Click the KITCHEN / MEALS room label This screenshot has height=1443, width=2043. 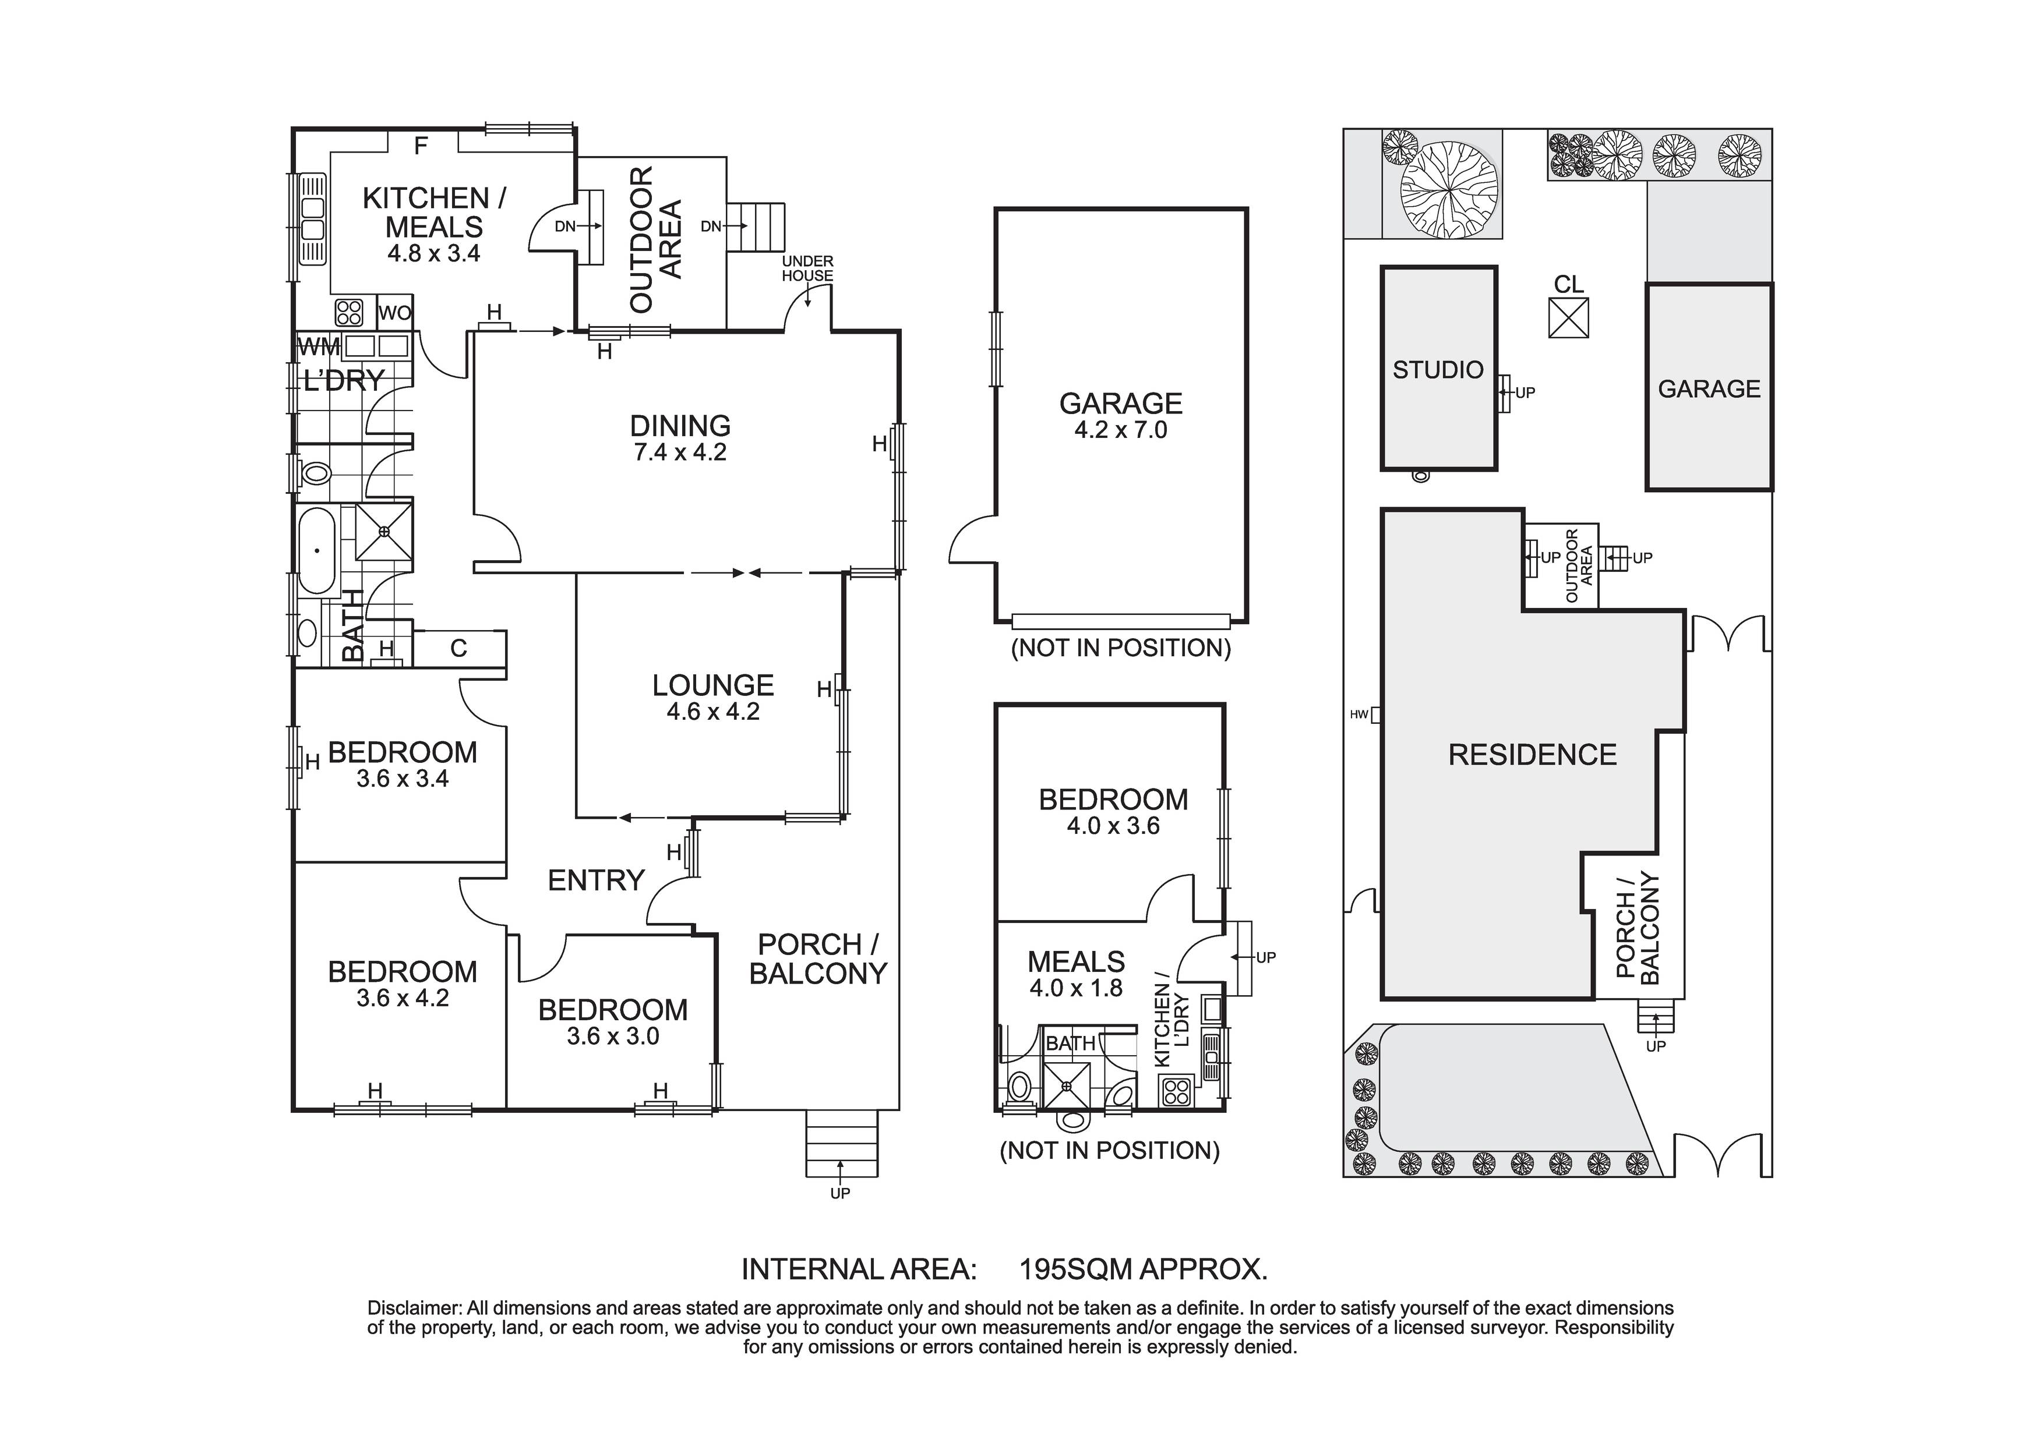click(x=433, y=212)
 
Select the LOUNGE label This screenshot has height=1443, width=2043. click(x=712, y=685)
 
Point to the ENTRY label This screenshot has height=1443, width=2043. click(x=595, y=880)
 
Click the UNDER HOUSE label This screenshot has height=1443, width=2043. click(x=807, y=268)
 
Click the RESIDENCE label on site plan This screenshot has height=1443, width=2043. click(x=1532, y=755)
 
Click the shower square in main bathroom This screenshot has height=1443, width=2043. click(x=383, y=531)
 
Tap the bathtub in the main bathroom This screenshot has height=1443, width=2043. click(x=316, y=550)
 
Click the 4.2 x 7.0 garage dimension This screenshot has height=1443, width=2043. click(x=1120, y=430)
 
